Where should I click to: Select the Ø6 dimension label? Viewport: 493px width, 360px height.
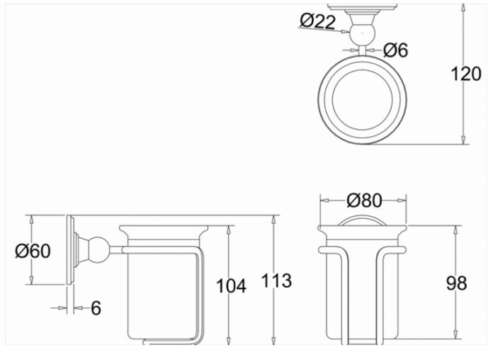396,50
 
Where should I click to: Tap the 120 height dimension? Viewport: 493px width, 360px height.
465,73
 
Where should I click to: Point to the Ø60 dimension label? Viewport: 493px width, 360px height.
33,251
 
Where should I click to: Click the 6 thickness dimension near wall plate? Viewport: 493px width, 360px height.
96,308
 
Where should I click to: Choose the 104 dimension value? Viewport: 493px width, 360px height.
231,286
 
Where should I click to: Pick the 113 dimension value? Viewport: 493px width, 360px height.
276,281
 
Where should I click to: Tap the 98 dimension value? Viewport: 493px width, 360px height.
457,283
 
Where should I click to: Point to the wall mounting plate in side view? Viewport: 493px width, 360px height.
72,249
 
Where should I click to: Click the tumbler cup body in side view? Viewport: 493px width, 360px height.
159,291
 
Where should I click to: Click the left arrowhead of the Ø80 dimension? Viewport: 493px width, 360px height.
323,201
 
